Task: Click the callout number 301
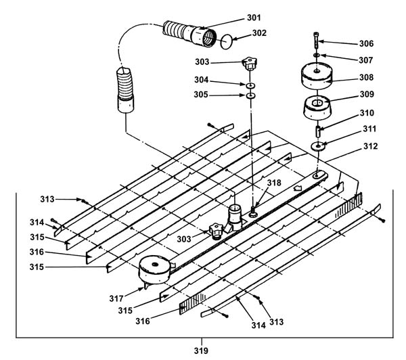[254, 18]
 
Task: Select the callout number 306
[366, 43]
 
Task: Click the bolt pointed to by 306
[317, 40]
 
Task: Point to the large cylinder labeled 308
[317, 76]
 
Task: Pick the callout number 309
[367, 94]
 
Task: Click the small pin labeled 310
[317, 131]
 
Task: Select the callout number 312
[371, 146]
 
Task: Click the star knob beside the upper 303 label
[249, 64]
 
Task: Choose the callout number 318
[274, 183]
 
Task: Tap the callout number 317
[116, 298]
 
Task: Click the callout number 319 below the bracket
[201, 351]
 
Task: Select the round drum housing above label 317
[155, 269]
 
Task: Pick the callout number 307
[365, 60]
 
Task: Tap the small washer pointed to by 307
[317, 55]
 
